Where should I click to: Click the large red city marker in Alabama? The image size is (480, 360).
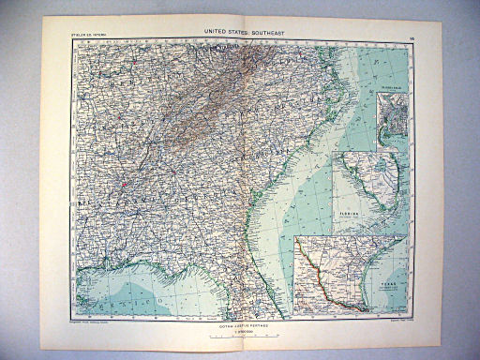(x=122, y=184)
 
